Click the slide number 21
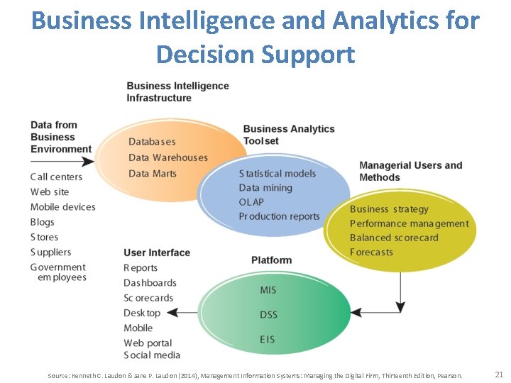pyautogui.click(x=498, y=374)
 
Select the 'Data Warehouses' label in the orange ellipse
pyautogui.click(x=168, y=157)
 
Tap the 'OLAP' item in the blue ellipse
pyautogui.click(x=251, y=202)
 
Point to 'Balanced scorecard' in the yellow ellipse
pyautogui.click(x=394, y=238)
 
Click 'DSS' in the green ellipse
pyautogui.click(x=268, y=314)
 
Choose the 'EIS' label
pyautogui.click(x=268, y=340)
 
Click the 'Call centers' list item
pyautogui.click(x=56, y=177)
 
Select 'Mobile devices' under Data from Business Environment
pyautogui.click(x=62, y=206)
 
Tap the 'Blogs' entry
pyautogui.click(x=43, y=222)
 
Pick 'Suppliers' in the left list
pyautogui.click(x=50, y=252)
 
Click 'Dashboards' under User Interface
pyautogui.click(x=150, y=282)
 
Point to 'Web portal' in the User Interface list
pyautogui.click(x=148, y=343)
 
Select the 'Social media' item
pyautogui.click(x=152, y=355)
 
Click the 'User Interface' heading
pyautogui.click(x=157, y=252)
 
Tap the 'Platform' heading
pyautogui.click(x=271, y=260)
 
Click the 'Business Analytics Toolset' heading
pyautogui.click(x=288, y=135)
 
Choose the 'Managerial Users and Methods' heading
pyautogui.click(x=410, y=171)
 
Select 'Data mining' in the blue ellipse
pyautogui.click(x=265, y=188)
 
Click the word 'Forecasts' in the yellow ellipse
pyautogui.click(x=371, y=252)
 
